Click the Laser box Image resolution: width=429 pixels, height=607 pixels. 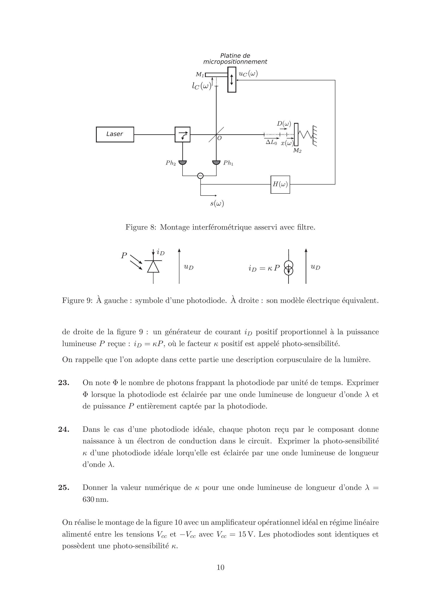[x=115, y=134]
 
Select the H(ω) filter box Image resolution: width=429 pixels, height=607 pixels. [x=280, y=185]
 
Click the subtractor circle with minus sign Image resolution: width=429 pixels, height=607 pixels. [x=200, y=176]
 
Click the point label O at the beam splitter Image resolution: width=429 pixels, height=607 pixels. [x=219, y=138]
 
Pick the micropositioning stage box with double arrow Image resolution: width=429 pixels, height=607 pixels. [x=232, y=80]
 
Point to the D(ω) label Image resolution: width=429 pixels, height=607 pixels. [x=284, y=124]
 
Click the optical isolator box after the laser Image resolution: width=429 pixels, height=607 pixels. [x=183, y=134]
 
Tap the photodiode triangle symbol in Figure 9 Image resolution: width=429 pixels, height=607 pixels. [x=153, y=267]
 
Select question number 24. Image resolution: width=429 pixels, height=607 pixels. [x=64, y=429]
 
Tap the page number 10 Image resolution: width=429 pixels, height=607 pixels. [x=220, y=567]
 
